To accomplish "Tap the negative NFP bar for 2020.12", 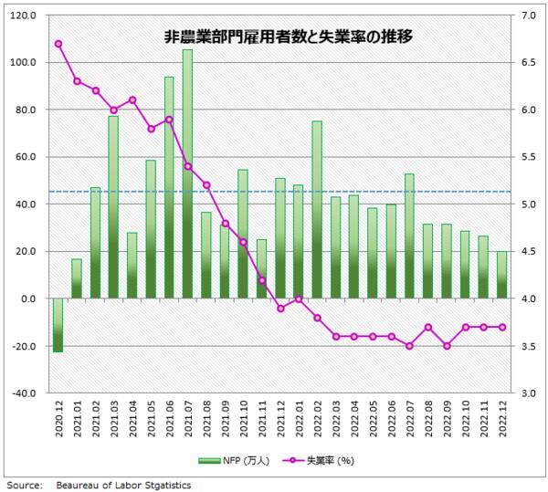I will click(x=58, y=325).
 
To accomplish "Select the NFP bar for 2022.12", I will click(x=501, y=275).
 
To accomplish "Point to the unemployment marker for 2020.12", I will click(x=58, y=43).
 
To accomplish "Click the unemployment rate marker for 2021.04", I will click(x=132, y=99).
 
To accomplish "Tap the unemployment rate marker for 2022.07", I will click(x=409, y=346).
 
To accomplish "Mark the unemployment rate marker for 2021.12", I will click(x=279, y=309).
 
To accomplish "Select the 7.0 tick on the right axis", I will click(x=529, y=16).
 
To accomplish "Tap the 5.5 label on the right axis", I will click(x=529, y=157).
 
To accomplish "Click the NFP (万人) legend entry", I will click(x=238, y=460).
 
